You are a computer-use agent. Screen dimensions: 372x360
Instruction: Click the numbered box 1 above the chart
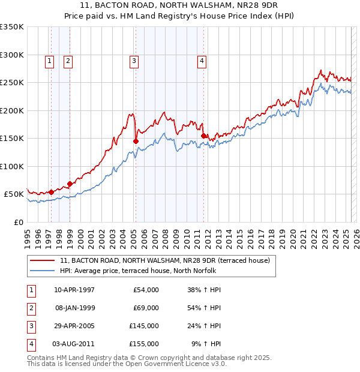tap(49, 60)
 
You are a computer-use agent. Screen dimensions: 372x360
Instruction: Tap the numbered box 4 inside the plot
tap(202, 60)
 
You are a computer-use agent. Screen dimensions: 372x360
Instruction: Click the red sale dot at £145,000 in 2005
tap(136, 141)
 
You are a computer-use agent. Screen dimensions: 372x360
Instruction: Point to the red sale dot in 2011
tap(204, 136)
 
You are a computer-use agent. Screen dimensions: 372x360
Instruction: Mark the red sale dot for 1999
tap(70, 184)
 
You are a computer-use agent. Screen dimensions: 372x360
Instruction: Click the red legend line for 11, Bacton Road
tap(43, 261)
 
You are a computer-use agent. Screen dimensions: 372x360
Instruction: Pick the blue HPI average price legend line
tap(43, 271)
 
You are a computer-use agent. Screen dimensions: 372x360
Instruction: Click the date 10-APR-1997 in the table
tap(74, 290)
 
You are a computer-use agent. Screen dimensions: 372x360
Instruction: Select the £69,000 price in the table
tap(144, 307)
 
